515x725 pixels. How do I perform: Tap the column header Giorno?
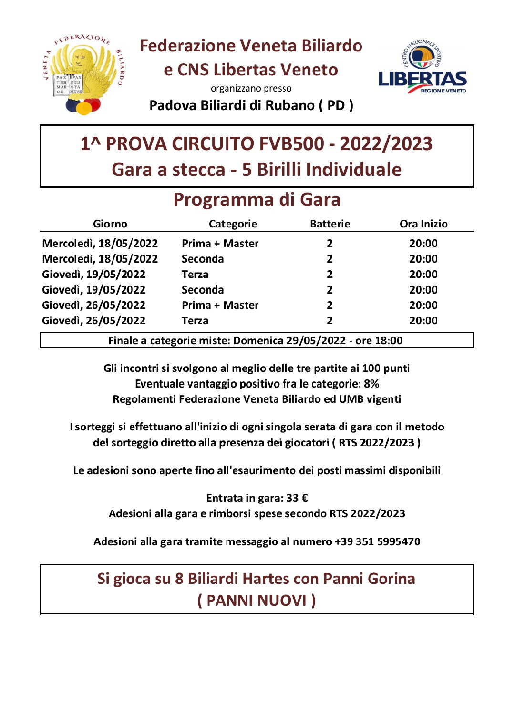pyautogui.click(x=110, y=224)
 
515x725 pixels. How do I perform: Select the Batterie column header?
pyautogui.click(x=330, y=224)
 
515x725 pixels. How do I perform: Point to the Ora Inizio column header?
pyautogui.click(x=423, y=224)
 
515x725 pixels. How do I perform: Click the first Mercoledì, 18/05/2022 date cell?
pyautogui.click(x=100, y=244)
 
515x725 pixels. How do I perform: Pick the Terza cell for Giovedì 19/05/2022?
pyautogui.click(x=195, y=275)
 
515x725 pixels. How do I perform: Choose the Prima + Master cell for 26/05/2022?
pyautogui.click(x=220, y=306)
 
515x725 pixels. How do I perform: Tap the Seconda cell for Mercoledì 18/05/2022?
pyautogui.click(x=203, y=259)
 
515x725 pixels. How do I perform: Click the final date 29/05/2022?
pyautogui.click(x=316, y=341)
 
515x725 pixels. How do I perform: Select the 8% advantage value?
pyautogui.click(x=371, y=384)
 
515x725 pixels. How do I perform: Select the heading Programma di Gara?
pyautogui.click(x=257, y=200)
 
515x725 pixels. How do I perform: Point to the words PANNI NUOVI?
pyautogui.click(x=257, y=601)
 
